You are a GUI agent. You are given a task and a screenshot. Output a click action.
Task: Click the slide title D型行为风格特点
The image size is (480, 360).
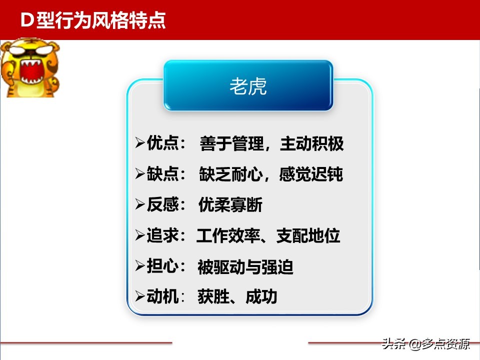click(x=93, y=21)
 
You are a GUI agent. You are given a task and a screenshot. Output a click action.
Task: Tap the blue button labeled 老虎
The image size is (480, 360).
click(x=248, y=86)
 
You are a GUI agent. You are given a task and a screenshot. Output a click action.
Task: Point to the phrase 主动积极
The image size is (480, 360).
click(x=312, y=144)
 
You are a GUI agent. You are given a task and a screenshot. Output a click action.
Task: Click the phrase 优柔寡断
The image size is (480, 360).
click(x=230, y=205)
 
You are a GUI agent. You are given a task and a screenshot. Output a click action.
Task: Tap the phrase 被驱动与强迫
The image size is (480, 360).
click(x=245, y=267)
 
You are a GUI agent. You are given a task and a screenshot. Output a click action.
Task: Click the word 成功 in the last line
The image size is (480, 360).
click(x=261, y=297)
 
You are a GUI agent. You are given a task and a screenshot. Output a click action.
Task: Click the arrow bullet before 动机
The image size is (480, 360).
click(x=140, y=297)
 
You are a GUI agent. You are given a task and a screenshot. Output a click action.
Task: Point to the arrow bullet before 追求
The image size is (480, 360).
click(x=140, y=235)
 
